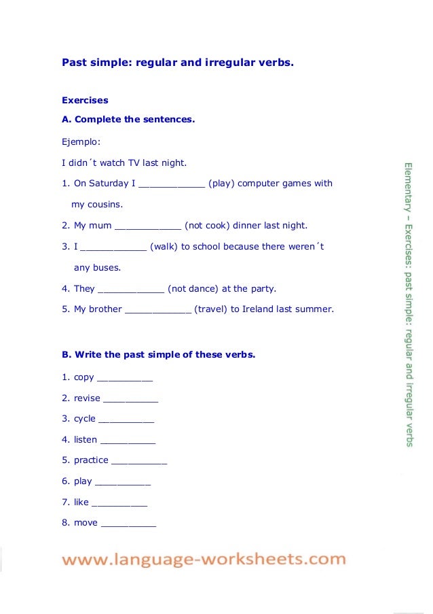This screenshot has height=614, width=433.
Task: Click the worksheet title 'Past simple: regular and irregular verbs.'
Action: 178,63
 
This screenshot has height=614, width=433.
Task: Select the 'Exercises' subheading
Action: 85,100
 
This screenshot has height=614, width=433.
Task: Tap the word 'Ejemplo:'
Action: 81,142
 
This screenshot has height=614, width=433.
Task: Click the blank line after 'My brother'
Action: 159,310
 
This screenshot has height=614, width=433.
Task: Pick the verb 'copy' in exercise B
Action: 84,377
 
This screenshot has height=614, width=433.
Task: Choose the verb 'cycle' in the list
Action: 85,418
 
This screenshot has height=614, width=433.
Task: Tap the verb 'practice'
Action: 91,460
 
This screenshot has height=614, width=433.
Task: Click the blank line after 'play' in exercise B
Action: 123,482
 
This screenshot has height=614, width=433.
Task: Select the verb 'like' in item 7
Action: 81,502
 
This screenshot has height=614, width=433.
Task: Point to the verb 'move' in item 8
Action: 86,522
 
